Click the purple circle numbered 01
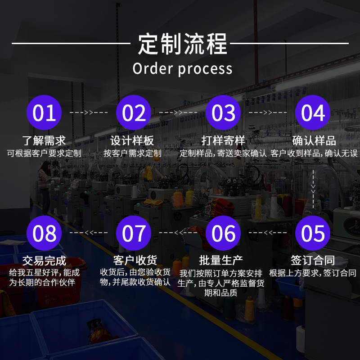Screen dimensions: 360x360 click(x=44, y=112)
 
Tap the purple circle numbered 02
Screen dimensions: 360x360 click(x=134, y=112)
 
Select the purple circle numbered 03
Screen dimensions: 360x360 click(x=223, y=112)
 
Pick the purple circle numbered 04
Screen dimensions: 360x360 click(x=313, y=112)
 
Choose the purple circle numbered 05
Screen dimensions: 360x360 click(x=313, y=233)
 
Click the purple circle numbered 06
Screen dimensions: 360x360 click(x=223, y=233)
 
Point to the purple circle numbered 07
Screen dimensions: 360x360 click(x=134, y=233)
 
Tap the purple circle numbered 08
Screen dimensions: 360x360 click(x=44, y=233)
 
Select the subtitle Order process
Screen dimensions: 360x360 click(x=182, y=69)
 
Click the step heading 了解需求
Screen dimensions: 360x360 click(x=44, y=140)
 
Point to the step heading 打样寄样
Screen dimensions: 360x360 click(x=223, y=140)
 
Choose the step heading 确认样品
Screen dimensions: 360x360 click(x=314, y=140)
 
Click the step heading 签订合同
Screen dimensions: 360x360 click(x=313, y=260)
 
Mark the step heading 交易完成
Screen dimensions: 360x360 click(x=44, y=261)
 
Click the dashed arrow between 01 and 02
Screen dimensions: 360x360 click(x=89, y=112)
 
